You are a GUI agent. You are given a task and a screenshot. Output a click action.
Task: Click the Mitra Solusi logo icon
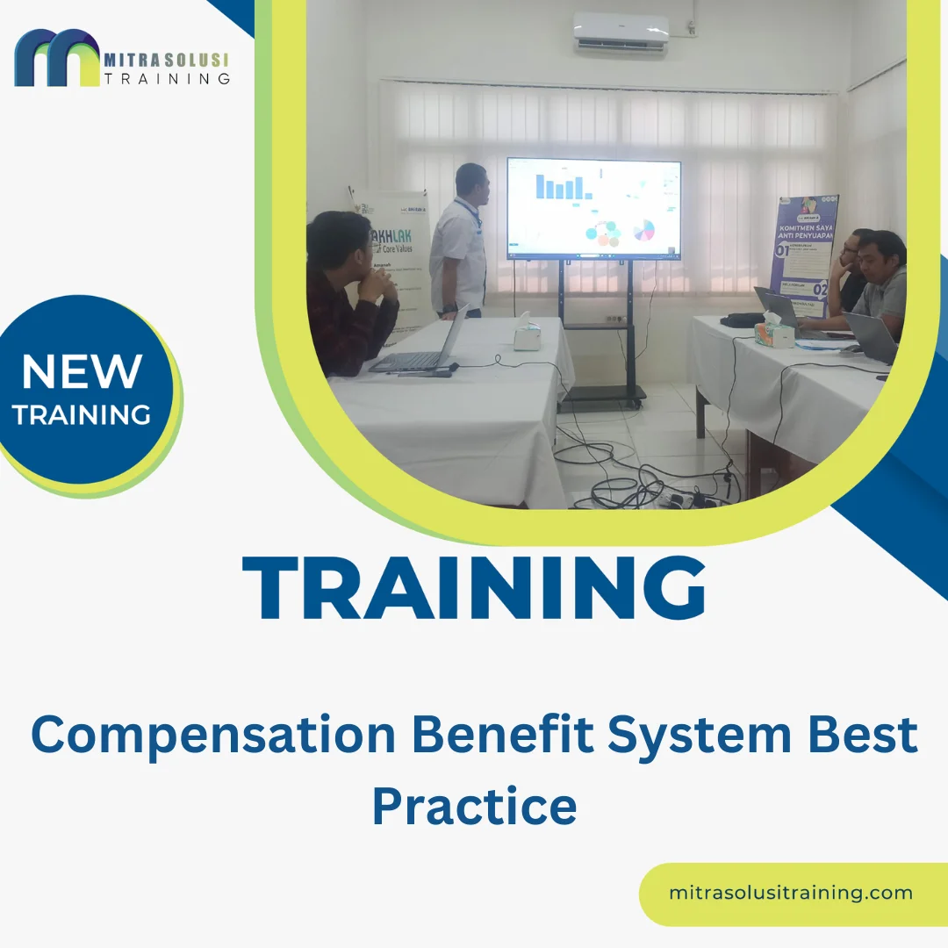(57, 59)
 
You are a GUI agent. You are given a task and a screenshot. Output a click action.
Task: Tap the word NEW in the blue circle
(82, 371)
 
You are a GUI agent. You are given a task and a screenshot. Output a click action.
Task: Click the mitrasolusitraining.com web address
(790, 894)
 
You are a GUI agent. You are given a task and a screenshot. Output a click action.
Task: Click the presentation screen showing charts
(593, 209)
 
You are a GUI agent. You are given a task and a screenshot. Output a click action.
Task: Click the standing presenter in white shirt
(460, 241)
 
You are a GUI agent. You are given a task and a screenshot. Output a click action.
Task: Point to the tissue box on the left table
(528, 333)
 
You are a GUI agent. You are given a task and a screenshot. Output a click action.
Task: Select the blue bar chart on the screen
(560, 186)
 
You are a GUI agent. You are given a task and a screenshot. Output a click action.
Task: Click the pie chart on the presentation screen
(643, 231)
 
